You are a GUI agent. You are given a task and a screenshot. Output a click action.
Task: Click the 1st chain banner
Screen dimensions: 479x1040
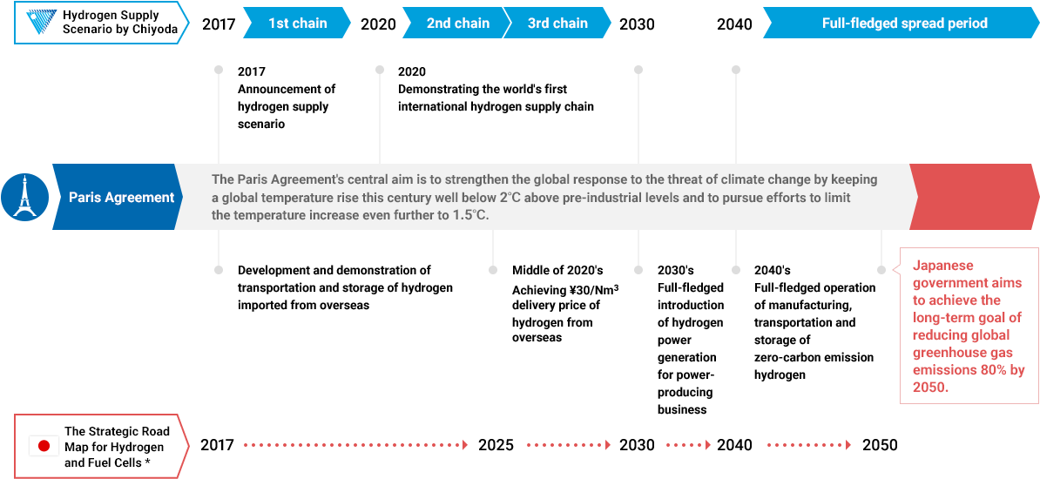pyautogui.click(x=297, y=24)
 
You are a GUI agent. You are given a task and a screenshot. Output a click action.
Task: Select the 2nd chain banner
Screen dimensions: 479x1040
pyautogui.click(x=457, y=24)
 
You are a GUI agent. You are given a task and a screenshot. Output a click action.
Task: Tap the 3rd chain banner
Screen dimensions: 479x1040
pyautogui.click(x=557, y=24)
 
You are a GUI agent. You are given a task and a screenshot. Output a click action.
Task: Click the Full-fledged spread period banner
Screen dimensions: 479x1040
pyautogui.click(x=904, y=24)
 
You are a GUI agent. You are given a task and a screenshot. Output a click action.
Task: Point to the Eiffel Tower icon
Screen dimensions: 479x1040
pyautogui.click(x=24, y=197)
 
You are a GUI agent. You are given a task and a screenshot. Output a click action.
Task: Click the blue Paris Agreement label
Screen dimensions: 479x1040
pyautogui.click(x=121, y=198)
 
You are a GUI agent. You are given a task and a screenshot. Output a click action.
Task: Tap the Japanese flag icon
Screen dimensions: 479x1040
pyautogui.click(x=44, y=446)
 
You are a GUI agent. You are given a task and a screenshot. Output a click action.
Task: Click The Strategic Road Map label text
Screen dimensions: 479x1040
pyautogui.click(x=117, y=447)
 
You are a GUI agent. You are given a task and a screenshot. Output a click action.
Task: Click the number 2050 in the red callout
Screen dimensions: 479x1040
pyautogui.click(x=929, y=388)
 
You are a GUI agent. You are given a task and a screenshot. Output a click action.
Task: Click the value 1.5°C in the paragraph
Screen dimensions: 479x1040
pyautogui.click(x=470, y=214)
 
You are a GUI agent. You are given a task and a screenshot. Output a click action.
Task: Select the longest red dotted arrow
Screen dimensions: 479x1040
pyautogui.click(x=356, y=445)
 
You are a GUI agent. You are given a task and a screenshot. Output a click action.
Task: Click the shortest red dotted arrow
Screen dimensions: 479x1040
pyautogui.click(x=688, y=445)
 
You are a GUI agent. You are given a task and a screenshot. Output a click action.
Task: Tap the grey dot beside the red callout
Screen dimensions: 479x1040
pyautogui.click(x=881, y=270)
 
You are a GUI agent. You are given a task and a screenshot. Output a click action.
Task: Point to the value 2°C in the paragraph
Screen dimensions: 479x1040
pyautogui.click(x=510, y=197)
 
